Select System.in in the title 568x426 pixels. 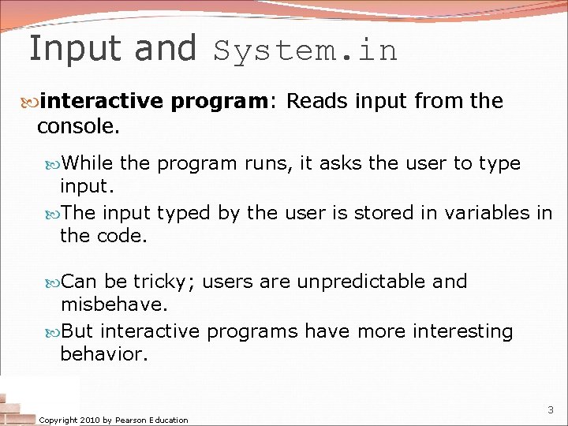point(305,50)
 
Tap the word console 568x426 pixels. point(77,126)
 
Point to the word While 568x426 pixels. point(88,163)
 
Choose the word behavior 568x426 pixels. point(103,354)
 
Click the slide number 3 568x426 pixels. point(551,410)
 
